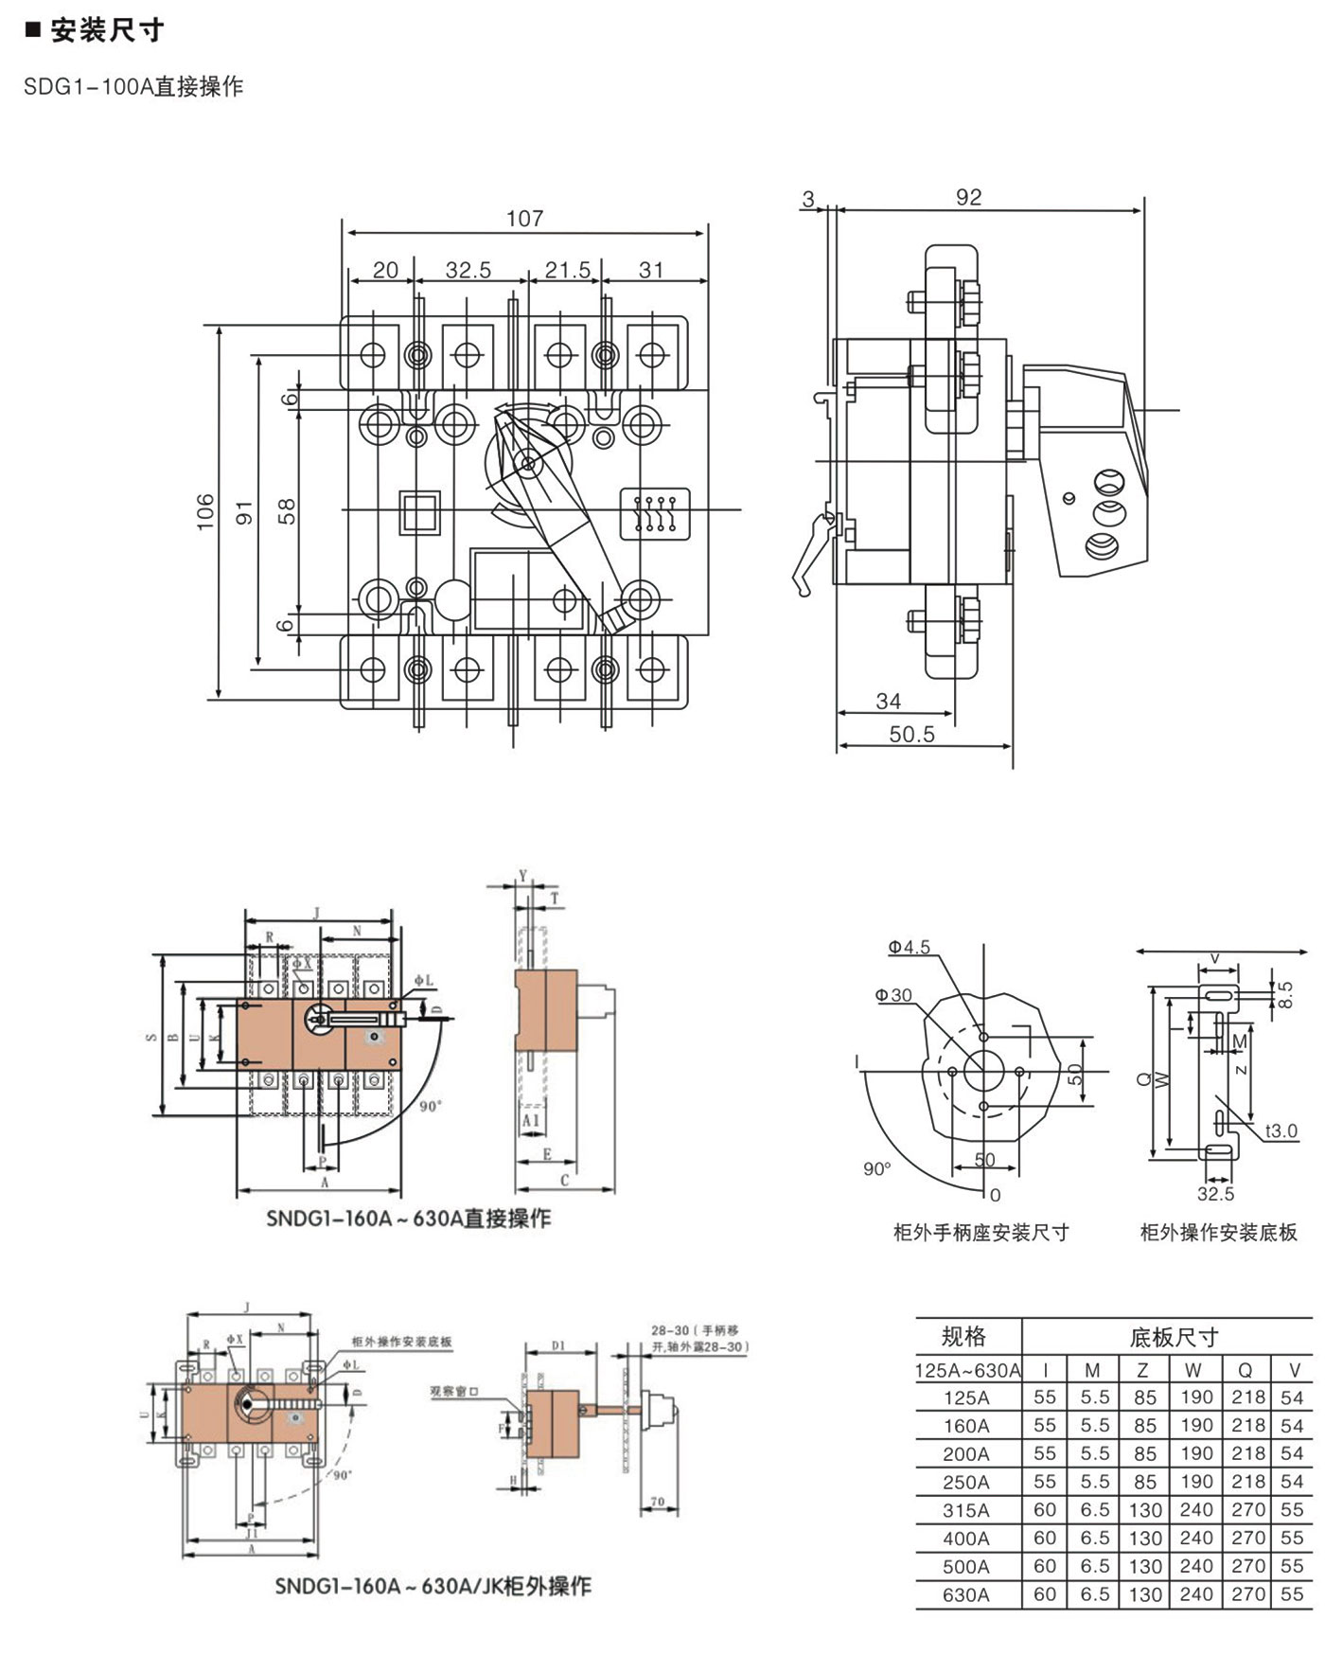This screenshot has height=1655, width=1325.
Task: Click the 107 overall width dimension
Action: point(524,219)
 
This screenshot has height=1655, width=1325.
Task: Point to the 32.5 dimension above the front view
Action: point(468,271)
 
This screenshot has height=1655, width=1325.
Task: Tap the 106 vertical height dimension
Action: point(205,512)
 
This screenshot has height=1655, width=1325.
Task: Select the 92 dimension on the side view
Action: point(968,197)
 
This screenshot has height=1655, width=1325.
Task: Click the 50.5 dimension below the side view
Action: point(911,735)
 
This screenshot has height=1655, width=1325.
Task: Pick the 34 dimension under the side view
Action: point(888,702)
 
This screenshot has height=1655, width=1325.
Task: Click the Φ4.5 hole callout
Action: point(909,948)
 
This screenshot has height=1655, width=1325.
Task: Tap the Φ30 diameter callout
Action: point(893,995)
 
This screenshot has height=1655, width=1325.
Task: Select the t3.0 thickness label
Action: point(1281,1131)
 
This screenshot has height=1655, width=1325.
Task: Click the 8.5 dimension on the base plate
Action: point(1284,995)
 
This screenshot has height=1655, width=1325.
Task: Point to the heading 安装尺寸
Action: point(107,31)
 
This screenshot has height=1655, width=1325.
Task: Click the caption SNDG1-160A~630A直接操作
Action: point(408,1219)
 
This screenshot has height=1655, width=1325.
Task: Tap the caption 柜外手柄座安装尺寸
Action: point(980,1233)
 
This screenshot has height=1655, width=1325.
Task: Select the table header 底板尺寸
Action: point(1174,1338)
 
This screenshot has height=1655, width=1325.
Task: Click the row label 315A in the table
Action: point(965,1511)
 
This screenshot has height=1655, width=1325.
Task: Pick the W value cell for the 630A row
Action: point(1195,1594)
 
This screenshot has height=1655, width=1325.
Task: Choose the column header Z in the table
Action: point(1142,1370)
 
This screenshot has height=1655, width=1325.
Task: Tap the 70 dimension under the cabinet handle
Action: point(658,1503)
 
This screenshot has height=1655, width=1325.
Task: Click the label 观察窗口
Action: point(454,1391)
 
